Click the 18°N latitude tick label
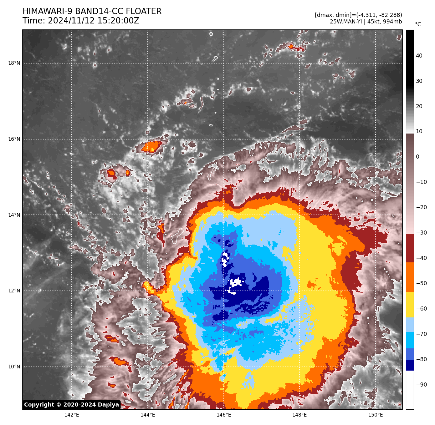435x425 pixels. (14, 63)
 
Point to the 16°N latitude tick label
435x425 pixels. (14, 139)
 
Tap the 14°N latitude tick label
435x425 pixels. (14, 215)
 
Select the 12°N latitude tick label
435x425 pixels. (14, 291)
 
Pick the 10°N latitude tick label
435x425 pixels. (14, 367)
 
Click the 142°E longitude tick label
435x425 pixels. (72, 415)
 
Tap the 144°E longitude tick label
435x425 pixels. (148, 415)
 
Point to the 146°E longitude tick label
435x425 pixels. (224, 415)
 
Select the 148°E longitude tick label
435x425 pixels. (299, 415)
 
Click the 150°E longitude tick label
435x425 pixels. (376, 415)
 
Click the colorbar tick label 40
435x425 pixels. (419, 56)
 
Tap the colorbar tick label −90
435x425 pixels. (421, 385)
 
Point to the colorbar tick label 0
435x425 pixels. (417, 157)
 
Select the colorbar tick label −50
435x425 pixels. (421, 283)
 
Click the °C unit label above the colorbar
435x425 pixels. (418, 24)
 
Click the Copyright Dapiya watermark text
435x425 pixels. (71, 405)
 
